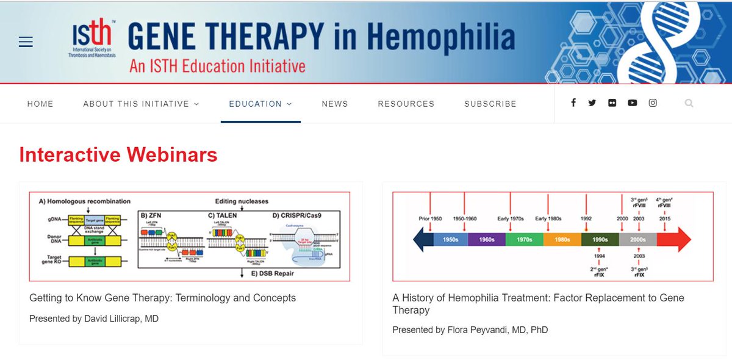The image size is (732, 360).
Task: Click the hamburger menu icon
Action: (x=25, y=42)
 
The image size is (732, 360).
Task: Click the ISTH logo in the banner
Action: (x=92, y=38)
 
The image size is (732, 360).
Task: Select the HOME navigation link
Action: (x=40, y=104)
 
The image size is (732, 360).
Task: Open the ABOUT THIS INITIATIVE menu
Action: (x=141, y=104)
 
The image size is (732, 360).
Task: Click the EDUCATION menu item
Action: (x=260, y=104)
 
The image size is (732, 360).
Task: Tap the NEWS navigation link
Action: (x=335, y=104)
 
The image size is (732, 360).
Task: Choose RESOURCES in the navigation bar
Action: (x=406, y=104)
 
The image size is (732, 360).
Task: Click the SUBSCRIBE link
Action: (x=490, y=104)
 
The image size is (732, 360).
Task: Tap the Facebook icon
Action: (x=573, y=103)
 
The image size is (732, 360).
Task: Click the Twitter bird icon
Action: (x=592, y=103)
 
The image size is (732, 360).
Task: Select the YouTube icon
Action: (x=632, y=103)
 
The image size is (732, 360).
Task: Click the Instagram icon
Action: (x=653, y=103)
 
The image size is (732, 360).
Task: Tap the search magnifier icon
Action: (x=689, y=104)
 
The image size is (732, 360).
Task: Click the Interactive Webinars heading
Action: (x=118, y=154)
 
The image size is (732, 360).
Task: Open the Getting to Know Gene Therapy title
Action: (x=162, y=298)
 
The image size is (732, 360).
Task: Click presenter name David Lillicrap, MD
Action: (x=94, y=319)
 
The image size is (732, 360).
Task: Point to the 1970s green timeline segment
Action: (x=524, y=240)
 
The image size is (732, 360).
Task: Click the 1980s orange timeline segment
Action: (x=562, y=240)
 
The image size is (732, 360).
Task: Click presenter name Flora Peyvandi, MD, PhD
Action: (x=470, y=330)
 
